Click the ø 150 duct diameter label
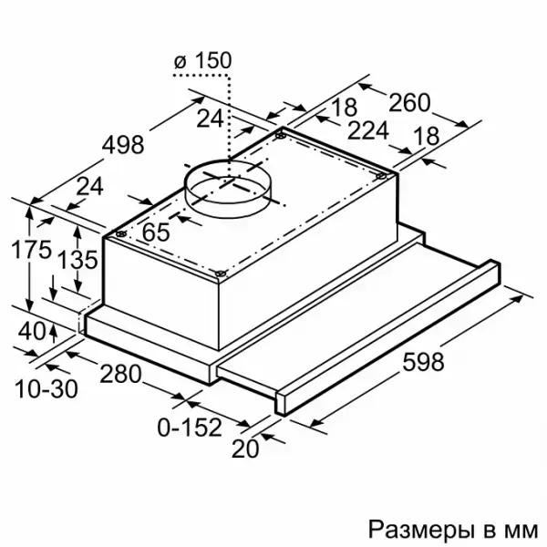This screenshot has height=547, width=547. pyautogui.click(x=202, y=60)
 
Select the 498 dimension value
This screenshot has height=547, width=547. pyautogui.click(x=123, y=145)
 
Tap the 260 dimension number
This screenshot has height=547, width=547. pyautogui.click(x=409, y=102)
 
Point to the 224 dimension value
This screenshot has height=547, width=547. pyautogui.click(x=368, y=130)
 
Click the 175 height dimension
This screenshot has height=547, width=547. pyautogui.click(x=31, y=250)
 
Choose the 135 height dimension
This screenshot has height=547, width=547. pyautogui.click(x=77, y=260)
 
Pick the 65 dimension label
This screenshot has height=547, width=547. pyautogui.click(x=156, y=232)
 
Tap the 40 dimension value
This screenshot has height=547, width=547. pyautogui.click(x=32, y=331)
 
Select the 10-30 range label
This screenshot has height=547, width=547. pyautogui.click(x=46, y=389)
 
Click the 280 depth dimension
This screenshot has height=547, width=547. pyautogui.click(x=120, y=374)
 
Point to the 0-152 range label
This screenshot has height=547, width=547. pyautogui.click(x=190, y=428)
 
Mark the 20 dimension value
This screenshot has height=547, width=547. pyautogui.click(x=245, y=449)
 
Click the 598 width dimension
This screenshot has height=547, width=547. pyautogui.click(x=424, y=362)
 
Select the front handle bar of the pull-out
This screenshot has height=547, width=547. pyautogui.click(x=387, y=337)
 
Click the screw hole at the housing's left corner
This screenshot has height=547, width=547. pyautogui.click(x=120, y=233)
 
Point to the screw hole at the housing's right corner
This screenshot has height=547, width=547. pyautogui.click(x=382, y=177)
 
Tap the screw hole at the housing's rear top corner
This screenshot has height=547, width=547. pyautogui.click(x=280, y=135)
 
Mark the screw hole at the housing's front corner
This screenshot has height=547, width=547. pyautogui.click(x=220, y=273)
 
